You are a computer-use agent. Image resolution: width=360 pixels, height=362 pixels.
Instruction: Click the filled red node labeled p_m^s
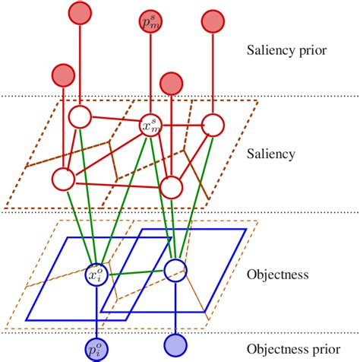pos(149,23)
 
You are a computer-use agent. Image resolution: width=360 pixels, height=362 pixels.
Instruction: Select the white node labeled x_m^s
pos(149,126)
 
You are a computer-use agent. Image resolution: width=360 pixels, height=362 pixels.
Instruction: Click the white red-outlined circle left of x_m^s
pos(80,118)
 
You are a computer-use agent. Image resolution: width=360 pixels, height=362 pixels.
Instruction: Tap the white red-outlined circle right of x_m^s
pos(213,125)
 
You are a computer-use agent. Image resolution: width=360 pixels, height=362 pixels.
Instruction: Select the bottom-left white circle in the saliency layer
pos(62,179)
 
